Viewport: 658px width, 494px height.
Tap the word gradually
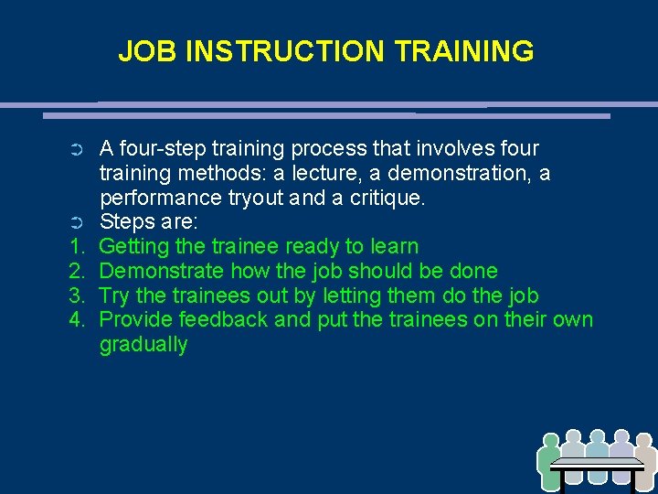click(x=143, y=345)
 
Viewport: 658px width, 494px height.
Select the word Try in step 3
click(x=113, y=296)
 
